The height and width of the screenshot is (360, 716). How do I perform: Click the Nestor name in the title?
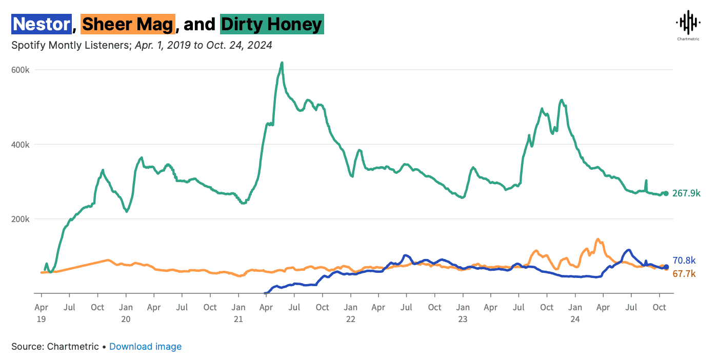click(x=41, y=24)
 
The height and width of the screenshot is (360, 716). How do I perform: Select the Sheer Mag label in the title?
click(x=128, y=24)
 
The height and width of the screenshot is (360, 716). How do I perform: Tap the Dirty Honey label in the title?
click(x=272, y=24)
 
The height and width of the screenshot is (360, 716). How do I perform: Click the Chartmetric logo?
click(x=687, y=26)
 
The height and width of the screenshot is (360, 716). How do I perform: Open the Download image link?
click(x=145, y=347)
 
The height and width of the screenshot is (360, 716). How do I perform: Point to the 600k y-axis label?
click(x=22, y=70)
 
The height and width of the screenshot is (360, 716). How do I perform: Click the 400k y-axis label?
click(x=22, y=145)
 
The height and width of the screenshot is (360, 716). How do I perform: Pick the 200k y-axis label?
click(x=22, y=219)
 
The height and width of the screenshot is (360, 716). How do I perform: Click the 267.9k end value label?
click(x=686, y=193)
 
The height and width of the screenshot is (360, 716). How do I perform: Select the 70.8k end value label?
click(x=684, y=261)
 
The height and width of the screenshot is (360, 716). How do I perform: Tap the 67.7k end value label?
click(x=684, y=274)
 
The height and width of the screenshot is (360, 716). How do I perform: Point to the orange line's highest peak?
click(x=597, y=239)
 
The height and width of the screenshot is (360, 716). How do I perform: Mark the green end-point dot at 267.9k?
click(x=666, y=193)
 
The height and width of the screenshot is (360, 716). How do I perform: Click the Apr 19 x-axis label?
click(x=41, y=312)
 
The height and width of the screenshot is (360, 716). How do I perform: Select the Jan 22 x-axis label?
click(x=350, y=312)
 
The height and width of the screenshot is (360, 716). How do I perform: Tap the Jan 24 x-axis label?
click(x=575, y=312)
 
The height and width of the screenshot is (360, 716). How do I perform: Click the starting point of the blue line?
click(x=265, y=293)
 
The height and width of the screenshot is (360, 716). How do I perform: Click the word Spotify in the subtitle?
click(x=29, y=45)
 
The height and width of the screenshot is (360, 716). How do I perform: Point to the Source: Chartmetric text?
click(x=55, y=347)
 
